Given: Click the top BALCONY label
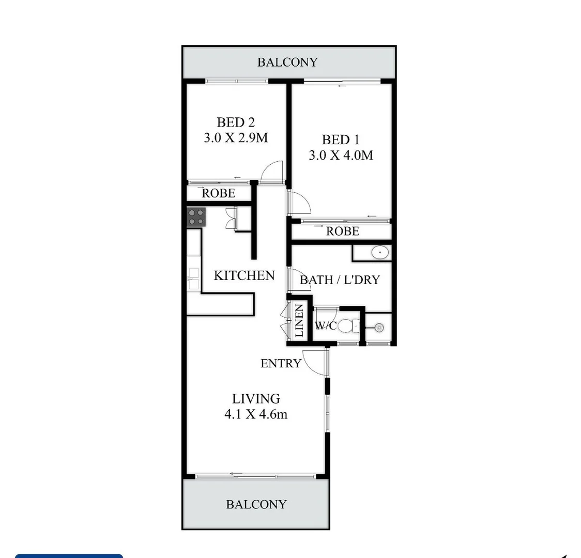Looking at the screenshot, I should click(287, 63).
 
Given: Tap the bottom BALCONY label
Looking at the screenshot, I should click(256, 504).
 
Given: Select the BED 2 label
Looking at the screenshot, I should click(236, 122).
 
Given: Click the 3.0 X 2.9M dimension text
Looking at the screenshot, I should click(236, 138).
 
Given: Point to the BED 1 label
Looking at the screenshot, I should click(341, 139).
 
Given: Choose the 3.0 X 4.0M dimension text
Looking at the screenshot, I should click(341, 155).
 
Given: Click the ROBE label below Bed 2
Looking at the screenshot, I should click(218, 193).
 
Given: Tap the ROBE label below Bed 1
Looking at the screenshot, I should click(342, 231).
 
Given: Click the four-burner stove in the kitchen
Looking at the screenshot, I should click(196, 216).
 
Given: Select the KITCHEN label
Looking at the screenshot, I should click(244, 275).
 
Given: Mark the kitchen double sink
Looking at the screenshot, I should click(194, 278).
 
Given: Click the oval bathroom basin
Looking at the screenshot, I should click(380, 253).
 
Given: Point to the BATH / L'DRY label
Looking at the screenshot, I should click(340, 280).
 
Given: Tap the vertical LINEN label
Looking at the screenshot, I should click(299, 321).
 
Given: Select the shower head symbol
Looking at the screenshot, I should click(379, 327).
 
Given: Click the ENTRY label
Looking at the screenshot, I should click(280, 363).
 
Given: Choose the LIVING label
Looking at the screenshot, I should click(256, 398).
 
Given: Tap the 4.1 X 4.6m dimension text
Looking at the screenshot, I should click(256, 414).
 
